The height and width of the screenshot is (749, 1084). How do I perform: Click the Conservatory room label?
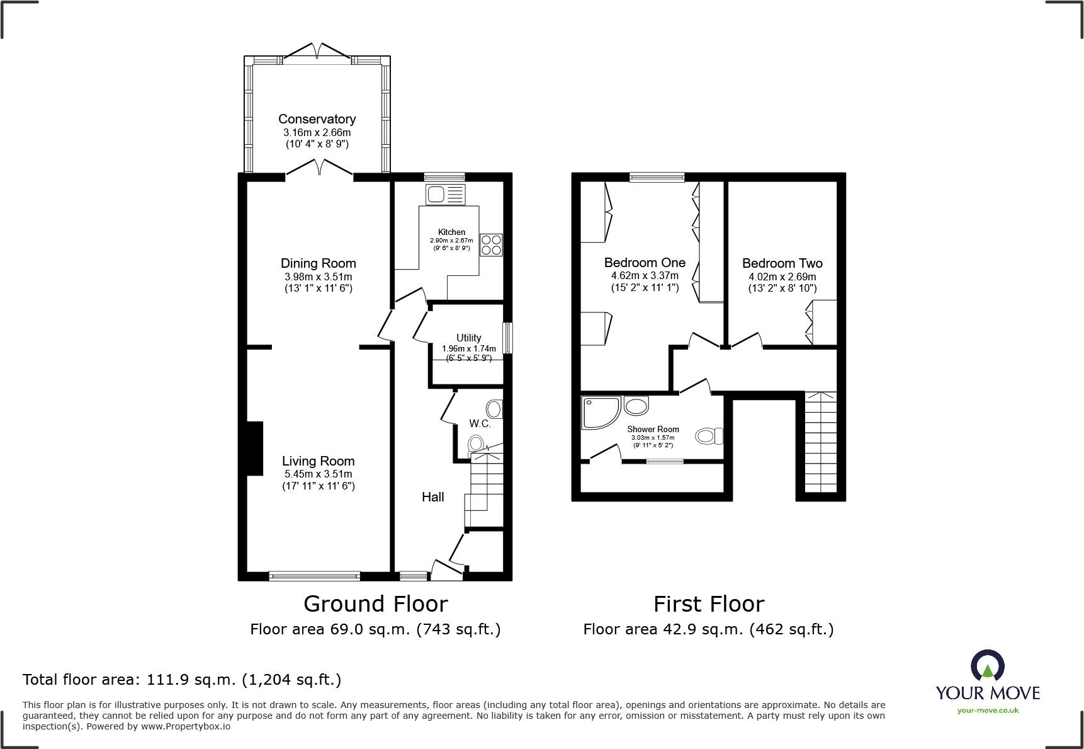[x=317, y=119]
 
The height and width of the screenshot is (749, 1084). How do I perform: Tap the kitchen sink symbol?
[x=445, y=195]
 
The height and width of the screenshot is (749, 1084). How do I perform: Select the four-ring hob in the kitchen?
[x=491, y=245]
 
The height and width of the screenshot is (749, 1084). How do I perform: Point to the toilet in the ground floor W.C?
[x=477, y=445]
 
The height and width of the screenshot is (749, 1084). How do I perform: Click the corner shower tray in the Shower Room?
[x=599, y=413]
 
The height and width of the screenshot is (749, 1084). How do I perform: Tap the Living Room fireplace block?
[x=254, y=448]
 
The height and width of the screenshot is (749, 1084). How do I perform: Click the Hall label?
[x=432, y=497]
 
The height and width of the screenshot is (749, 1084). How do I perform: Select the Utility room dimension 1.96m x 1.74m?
[x=468, y=348]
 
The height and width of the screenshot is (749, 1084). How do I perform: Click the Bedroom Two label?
[x=782, y=263]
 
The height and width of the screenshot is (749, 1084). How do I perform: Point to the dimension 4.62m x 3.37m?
[x=645, y=275]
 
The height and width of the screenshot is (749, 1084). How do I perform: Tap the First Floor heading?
[x=708, y=604]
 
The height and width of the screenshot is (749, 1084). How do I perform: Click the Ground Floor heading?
[x=375, y=604]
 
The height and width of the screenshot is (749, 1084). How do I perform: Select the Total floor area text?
[x=182, y=680]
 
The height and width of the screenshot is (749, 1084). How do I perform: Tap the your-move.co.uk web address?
[x=987, y=711]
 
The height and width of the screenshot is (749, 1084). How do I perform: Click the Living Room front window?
[x=314, y=575]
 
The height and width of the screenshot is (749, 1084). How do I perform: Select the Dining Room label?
[x=318, y=263]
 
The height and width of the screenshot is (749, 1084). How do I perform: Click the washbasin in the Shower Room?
[x=636, y=406]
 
